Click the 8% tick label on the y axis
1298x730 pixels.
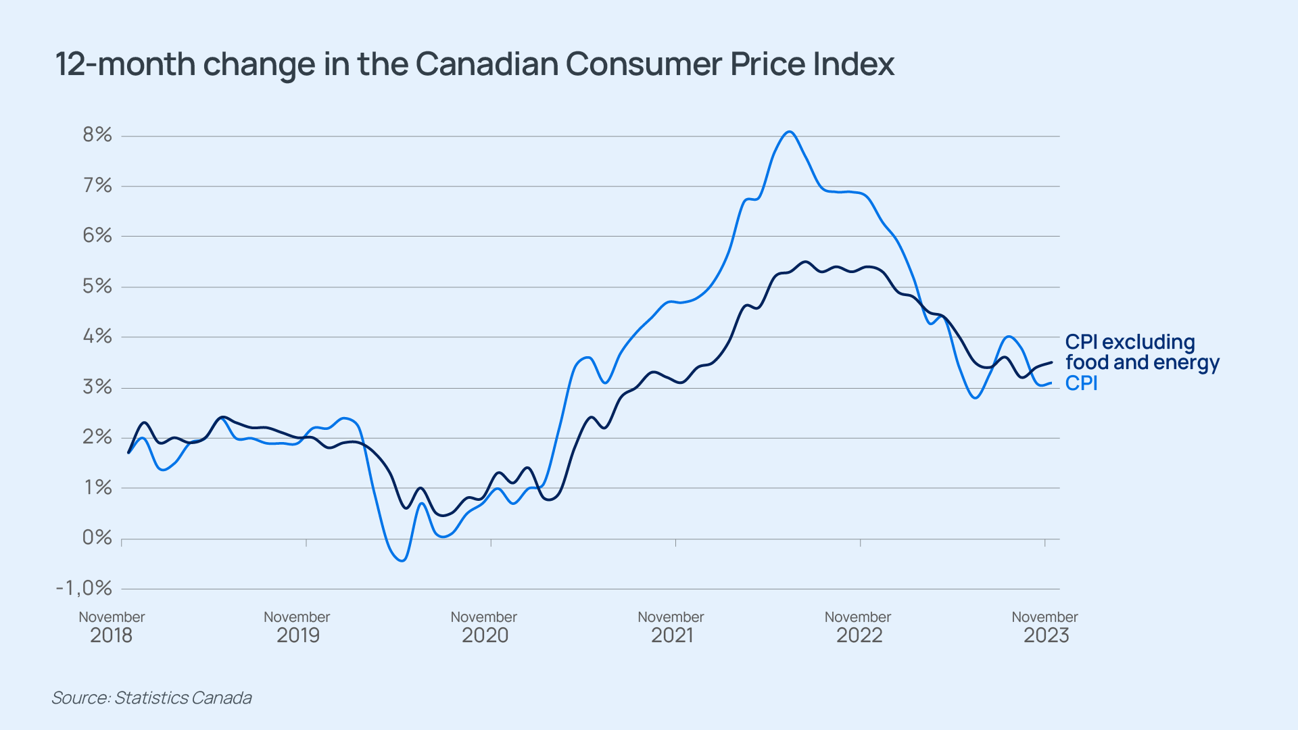97,135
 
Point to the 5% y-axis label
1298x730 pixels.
97,286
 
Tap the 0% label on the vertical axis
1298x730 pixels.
97,537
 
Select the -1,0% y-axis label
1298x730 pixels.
84,588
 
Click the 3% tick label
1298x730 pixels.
97,387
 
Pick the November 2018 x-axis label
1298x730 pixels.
112,627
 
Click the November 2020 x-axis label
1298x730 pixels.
484,627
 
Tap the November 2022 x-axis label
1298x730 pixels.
858,627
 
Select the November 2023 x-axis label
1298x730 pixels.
1045,627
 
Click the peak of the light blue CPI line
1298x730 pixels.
790,132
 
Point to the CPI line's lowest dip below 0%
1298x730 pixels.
402,560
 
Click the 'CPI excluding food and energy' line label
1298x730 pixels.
1142,352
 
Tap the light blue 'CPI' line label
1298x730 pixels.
1081,383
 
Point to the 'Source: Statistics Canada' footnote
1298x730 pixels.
151,698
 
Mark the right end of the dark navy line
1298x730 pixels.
1051,363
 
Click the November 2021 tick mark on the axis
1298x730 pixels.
675,542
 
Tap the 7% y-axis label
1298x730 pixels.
97,185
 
